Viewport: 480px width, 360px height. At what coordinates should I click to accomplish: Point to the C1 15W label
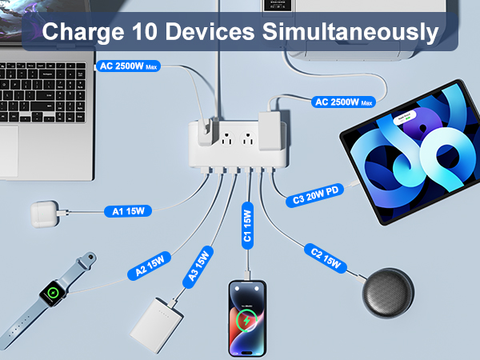coord(247,225)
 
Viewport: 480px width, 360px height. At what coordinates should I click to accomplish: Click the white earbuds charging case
coord(47,213)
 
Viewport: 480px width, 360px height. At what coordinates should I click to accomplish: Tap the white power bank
coord(158,322)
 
